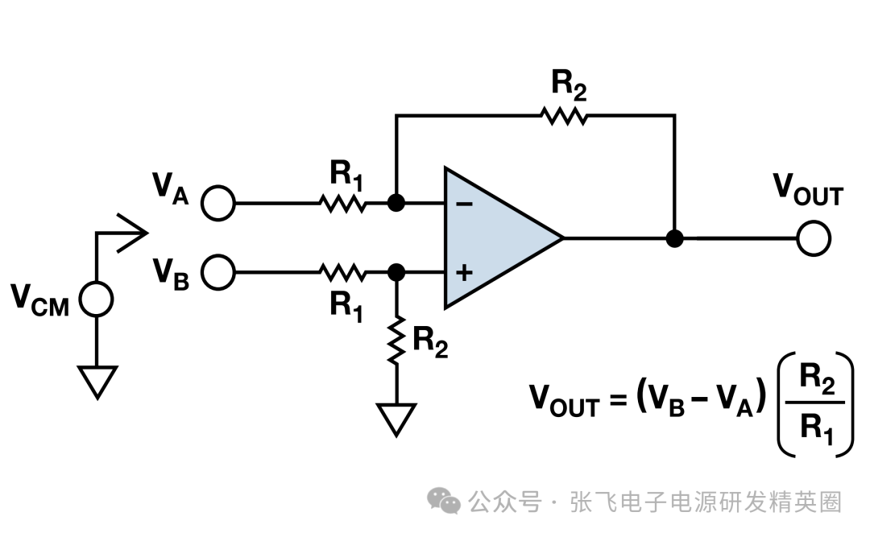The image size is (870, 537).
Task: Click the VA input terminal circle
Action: [x=217, y=203]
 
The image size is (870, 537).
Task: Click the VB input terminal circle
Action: [x=217, y=272]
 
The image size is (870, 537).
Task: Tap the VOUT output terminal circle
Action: [x=813, y=238]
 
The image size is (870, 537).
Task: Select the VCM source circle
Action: [x=96, y=299]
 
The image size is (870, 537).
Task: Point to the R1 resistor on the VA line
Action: [x=343, y=203]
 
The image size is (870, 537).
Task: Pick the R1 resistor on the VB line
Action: [x=343, y=272]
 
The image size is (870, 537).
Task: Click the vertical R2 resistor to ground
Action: [x=396, y=339]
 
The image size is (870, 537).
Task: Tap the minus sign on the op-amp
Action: [x=464, y=204]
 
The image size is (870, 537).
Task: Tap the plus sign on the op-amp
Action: [x=464, y=273]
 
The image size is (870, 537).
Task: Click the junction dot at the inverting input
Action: [x=396, y=203]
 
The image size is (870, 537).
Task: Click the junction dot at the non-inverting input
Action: [x=396, y=272]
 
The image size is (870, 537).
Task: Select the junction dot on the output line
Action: [x=675, y=238]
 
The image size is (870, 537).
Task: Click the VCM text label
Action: [x=39, y=299]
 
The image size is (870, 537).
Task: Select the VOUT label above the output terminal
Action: [x=808, y=188]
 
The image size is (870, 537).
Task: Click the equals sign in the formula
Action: [x=617, y=400]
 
